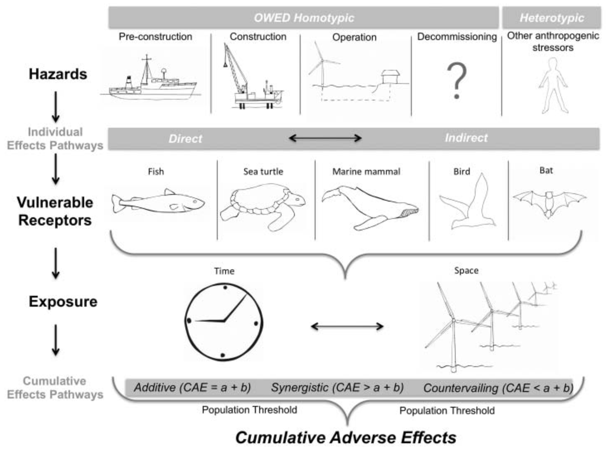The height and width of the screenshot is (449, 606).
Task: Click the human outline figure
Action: pos(553,85)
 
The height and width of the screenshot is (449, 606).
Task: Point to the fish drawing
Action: pos(158,202)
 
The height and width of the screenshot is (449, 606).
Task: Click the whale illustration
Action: pos(370,206)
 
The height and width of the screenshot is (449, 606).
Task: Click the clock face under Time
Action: pos(224,322)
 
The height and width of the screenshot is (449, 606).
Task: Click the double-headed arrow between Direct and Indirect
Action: pos(325,138)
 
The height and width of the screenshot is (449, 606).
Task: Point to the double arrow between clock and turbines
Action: pos(347,326)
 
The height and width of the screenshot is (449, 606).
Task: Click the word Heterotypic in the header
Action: pos(552,18)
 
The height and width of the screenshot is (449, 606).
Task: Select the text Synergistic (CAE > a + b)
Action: pos(337,387)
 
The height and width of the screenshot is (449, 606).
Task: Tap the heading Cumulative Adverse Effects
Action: pos(346,437)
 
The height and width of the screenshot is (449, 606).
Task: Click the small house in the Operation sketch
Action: pos(390,77)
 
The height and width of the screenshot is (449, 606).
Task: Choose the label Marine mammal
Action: pos(366,171)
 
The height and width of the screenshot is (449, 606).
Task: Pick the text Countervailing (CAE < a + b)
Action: pos(498,388)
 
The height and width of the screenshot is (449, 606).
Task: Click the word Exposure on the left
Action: pos(63,302)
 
